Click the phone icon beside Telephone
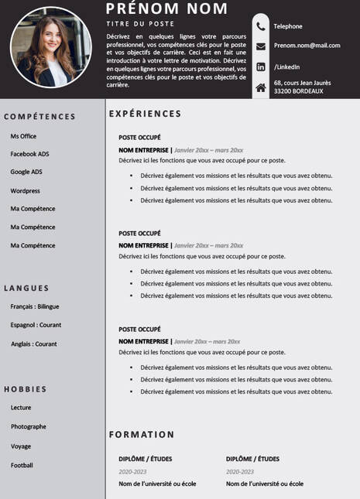(x=261, y=26)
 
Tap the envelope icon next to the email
(x=261, y=46)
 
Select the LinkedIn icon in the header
(x=261, y=67)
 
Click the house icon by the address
(x=261, y=87)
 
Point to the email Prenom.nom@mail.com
(x=307, y=46)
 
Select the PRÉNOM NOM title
(x=166, y=9)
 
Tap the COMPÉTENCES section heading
(x=39, y=117)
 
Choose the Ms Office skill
(x=23, y=136)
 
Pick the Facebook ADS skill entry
(x=29, y=154)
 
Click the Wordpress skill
(x=25, y=190)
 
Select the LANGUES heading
(x=26, y=288)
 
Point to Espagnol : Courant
(x=36, y=325)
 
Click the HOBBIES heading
(x=26, y=389)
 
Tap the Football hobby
(x=22, y=465)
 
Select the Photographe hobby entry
(x=28, y=426)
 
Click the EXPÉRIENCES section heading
(x=145, y=114)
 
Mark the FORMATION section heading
(x=142, y=435)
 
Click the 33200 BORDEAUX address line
(x=298, y=91)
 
